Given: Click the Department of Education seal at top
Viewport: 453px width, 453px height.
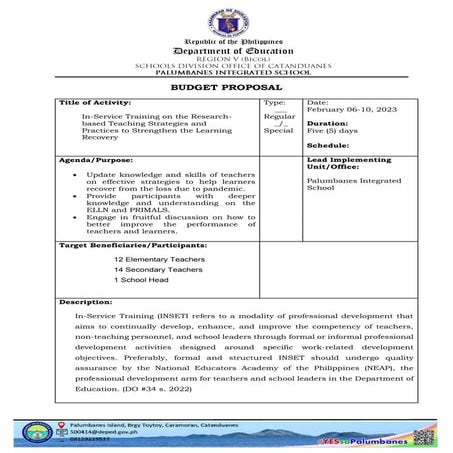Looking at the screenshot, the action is click(x=226, y=20).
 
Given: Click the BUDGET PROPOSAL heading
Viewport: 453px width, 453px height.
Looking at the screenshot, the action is click(x=226, y=88).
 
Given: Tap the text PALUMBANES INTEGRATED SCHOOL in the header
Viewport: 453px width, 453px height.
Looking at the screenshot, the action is click(x=226, y=72).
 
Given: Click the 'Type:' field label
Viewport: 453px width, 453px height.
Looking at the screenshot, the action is click(x=274, y=103).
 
